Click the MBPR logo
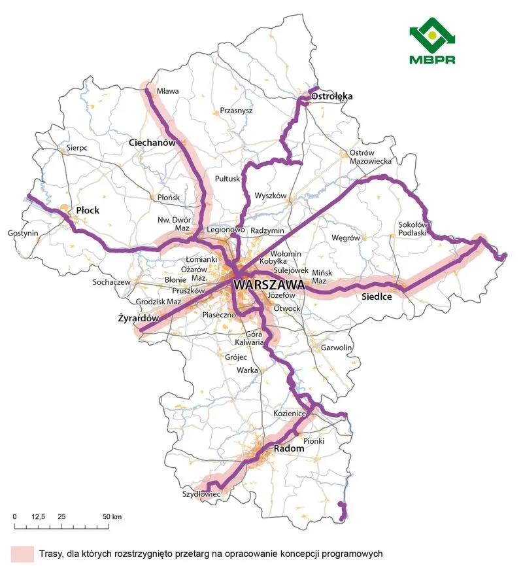[x=431, y=45]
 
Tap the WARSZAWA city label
[x=269, y=286]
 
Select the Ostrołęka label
[x=331, y=96]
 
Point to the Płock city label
[x=87, y=211]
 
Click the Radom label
[x=288, y=448]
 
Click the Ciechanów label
[x=153, y=142]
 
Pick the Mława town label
[x=168, y=92]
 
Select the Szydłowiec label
[x=201, y=495]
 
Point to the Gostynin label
[x=23, y=233]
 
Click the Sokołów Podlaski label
[x=413, y=228]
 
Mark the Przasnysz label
[x=236, y=111]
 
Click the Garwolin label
[x=337, y=348]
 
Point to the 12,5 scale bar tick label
[x=38, y=517]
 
